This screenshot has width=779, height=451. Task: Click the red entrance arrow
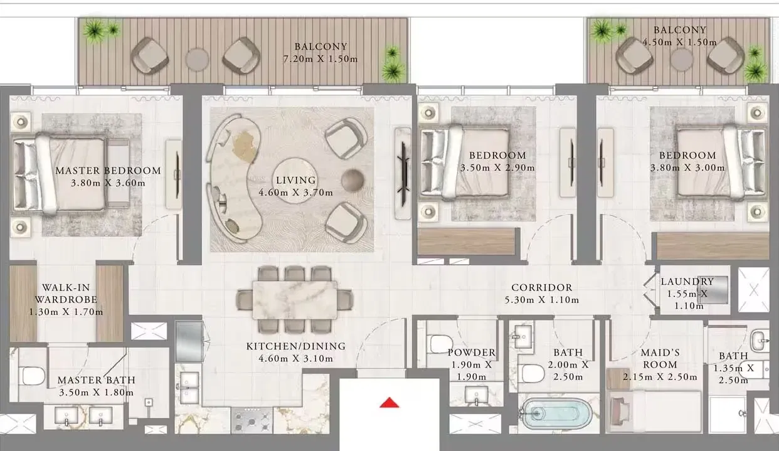(x=389, y=403)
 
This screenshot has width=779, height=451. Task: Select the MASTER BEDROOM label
(x=108, y=171)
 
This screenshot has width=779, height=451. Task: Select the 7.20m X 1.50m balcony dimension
(x=320, y=59)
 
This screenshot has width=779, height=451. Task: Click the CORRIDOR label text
(x=541, y=288)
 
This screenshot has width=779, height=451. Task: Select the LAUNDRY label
(x=687, y=282)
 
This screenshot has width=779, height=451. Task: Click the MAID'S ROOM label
(x=659, y=359)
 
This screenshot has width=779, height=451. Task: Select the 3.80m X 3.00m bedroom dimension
(x=687, y=167)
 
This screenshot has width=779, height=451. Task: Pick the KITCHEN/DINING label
(x=295, y=346)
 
